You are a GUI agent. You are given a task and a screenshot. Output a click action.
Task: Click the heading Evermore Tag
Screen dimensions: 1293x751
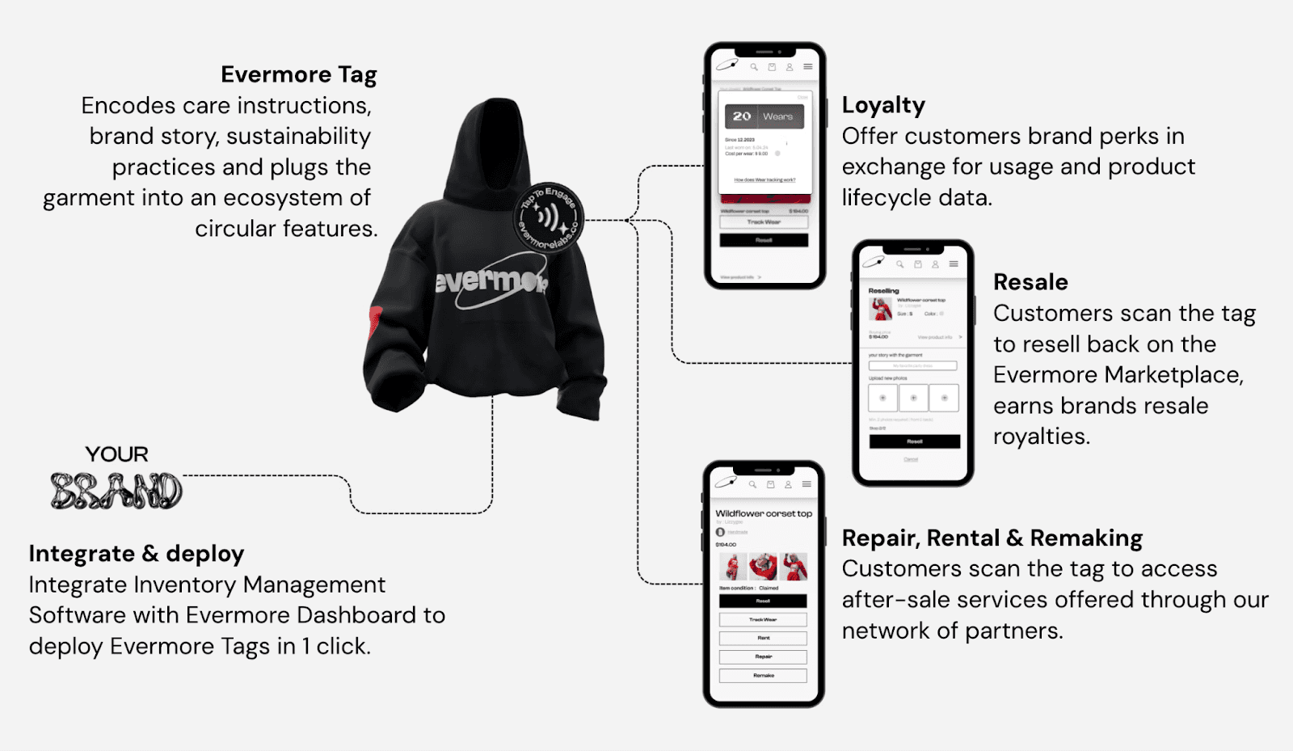point(298,74)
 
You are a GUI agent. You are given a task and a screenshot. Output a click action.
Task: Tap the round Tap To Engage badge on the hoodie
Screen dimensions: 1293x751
point(549,217)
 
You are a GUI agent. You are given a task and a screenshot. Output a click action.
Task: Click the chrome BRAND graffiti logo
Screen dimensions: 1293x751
point(116,490)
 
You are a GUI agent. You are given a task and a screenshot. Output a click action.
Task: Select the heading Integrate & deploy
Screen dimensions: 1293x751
point(136,554)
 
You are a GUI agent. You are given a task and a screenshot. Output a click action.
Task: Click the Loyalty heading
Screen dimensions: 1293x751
point(883,105)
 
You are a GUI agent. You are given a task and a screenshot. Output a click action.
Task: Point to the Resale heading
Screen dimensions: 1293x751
point(1030,282)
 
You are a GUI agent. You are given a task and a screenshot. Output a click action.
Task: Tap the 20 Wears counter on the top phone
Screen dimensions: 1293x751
point(764,116)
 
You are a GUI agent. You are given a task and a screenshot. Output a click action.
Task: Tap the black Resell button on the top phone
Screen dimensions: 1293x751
point(764,240)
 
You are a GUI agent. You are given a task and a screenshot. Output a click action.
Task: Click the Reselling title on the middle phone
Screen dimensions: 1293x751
point(883,290)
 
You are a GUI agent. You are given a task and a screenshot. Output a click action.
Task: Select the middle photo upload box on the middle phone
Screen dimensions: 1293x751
point(913,398)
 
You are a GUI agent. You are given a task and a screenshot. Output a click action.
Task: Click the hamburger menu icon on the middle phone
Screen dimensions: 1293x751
point(954,264)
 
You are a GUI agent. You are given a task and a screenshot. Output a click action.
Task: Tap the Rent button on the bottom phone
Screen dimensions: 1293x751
point(763,638)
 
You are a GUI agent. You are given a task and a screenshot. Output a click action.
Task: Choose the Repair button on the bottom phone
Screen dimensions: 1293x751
point(763,656)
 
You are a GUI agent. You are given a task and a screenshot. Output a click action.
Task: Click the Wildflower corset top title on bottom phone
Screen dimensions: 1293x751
point(763,513)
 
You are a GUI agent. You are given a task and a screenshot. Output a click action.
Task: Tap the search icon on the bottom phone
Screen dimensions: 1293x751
point(752,484)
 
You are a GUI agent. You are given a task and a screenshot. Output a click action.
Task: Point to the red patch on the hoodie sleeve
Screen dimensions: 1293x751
point(375,321)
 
